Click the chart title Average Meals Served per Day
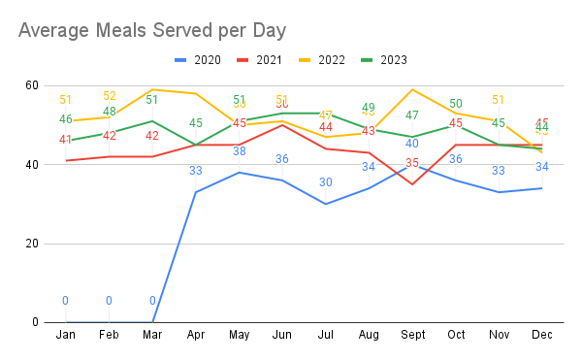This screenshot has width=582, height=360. (x=152, y=30)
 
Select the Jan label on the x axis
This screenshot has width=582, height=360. (x=65, y=336)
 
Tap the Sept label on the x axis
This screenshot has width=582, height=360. (x=412, y=336)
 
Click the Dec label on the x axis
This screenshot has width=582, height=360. (x=542, y=336)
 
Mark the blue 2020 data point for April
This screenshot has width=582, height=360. (x=195, y=192)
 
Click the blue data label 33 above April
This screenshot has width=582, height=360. (x=195, y=171)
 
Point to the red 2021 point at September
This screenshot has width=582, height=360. (x=412, y=184)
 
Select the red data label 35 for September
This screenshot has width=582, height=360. (x=412, y=163)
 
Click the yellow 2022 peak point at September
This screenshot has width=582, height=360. (x=412, y=89)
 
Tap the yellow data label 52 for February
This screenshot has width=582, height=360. (x=109, y=96)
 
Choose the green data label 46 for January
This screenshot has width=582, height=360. (x=65, y=119)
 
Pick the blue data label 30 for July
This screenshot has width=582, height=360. (x=325, y=182)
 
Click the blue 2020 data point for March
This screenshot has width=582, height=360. (x=152, y=322)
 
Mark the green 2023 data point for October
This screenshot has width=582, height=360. (x=456, y=125)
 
